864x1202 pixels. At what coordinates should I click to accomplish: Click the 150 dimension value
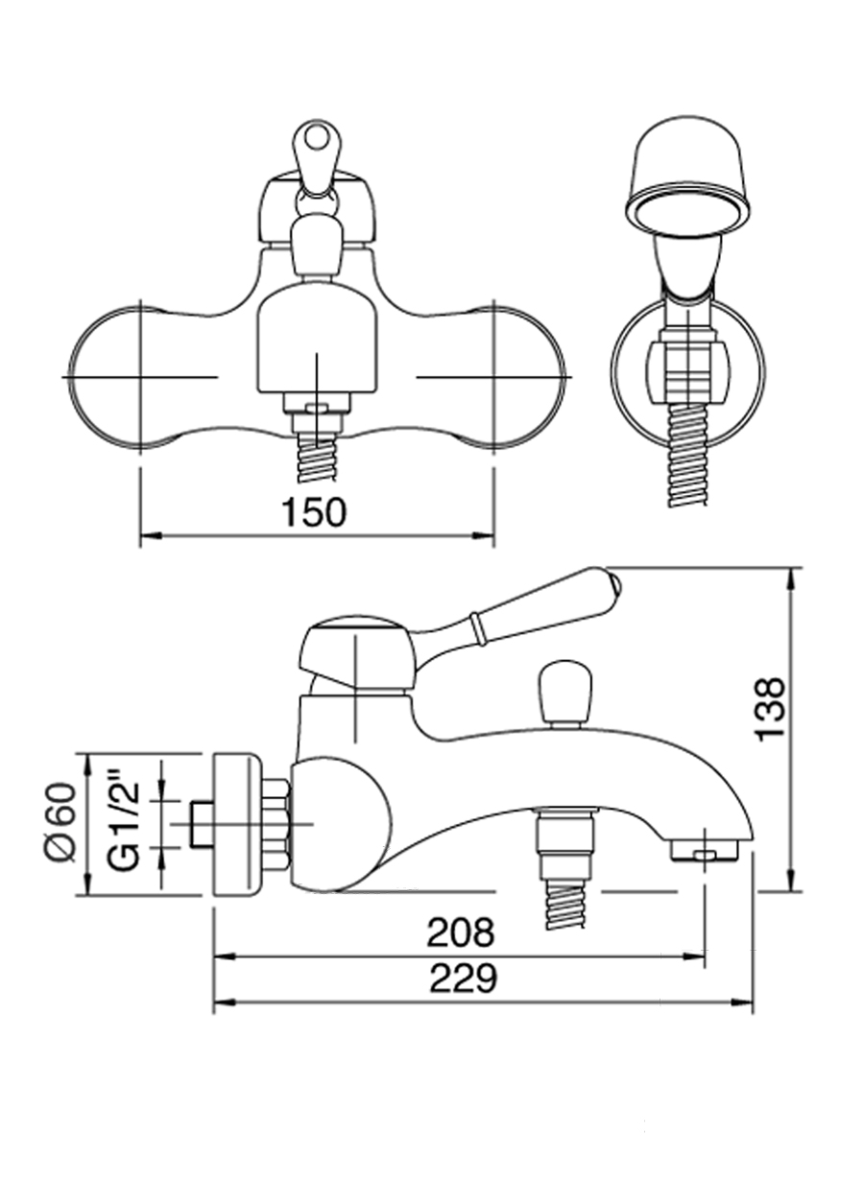coord(314,512)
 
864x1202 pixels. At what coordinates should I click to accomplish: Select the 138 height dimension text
coord(771,708)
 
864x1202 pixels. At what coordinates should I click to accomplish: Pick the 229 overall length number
coord(463,978)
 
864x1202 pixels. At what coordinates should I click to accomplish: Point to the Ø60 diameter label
coord(60,822)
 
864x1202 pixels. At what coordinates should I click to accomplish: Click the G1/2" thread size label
coord(125,823)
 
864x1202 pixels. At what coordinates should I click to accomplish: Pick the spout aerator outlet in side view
coord(705,851)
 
